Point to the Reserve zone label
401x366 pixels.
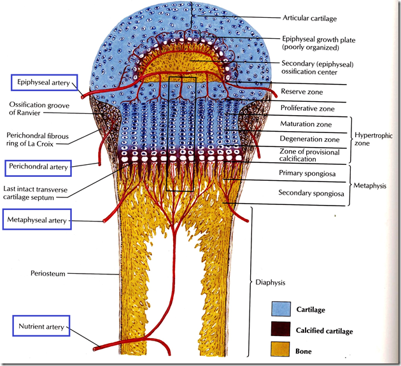click(299, 92)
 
